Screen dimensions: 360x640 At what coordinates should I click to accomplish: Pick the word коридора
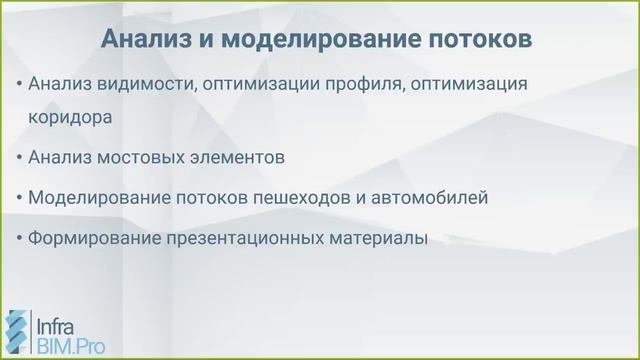pyautogui.click(x=70, y=116)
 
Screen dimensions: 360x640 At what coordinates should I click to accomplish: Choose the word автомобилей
pyautogui.click(x=437, y=198)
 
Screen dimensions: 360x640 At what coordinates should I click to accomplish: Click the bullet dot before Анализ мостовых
pyautogui.click(x=20, y=157)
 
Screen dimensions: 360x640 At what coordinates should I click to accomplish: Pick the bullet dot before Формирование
pyautogui.click(x=20, y=239)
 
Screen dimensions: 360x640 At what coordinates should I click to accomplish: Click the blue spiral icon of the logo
pyautogui.click(x=17, y=334)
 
